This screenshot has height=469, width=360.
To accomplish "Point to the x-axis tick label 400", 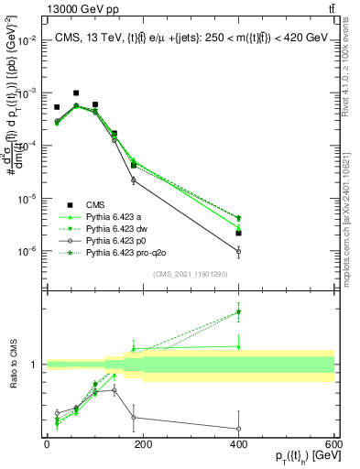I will (x=238, y=444).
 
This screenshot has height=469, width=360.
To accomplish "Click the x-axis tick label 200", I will (x=143, y=444).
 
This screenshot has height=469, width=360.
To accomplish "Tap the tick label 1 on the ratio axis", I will (x=35, y=365).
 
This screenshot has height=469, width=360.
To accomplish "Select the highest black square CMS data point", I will (x=76, y=93).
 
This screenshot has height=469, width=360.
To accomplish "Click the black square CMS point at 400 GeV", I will (x=238, y=233).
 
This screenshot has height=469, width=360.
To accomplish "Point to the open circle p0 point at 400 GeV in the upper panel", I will (x=238, y=251).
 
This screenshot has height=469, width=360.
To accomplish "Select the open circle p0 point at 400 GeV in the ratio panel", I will (x=238, y=429).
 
